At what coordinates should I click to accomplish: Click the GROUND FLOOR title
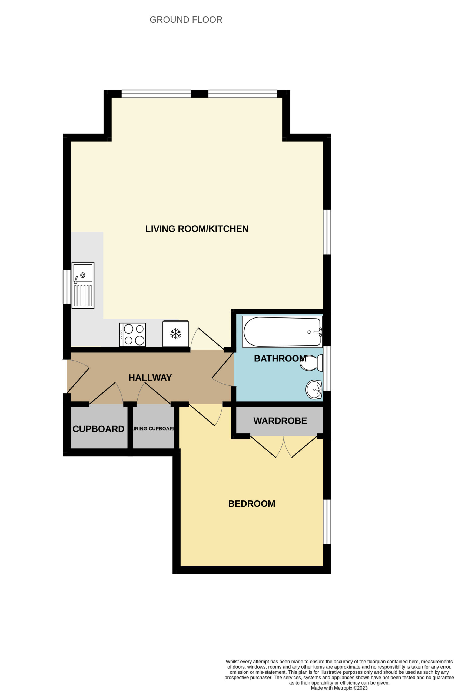186,20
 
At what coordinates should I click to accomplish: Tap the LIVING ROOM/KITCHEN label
197,229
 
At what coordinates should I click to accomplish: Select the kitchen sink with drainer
83,285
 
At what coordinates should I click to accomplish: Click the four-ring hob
132,334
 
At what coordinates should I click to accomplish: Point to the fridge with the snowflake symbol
176,333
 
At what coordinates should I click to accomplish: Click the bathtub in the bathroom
282,331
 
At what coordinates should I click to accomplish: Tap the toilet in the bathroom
311,363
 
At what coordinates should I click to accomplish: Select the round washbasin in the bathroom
314,389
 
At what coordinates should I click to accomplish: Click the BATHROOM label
280,358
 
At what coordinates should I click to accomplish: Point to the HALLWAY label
150,378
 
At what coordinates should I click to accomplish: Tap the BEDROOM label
252,504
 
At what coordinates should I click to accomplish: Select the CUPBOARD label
98,429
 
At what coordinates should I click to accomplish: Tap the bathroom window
327,368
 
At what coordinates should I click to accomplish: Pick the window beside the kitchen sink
67,287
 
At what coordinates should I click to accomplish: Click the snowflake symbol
176,334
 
